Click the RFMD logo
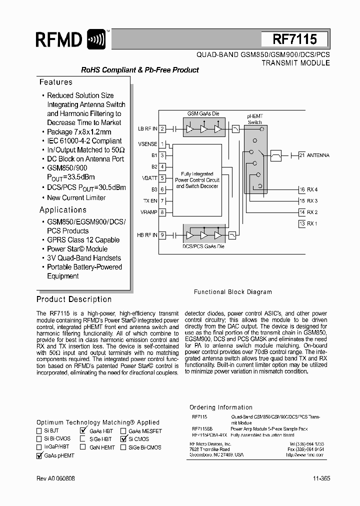click(x=70, y=39)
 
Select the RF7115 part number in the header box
click(x=294, y=39)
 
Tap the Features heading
click(x=56, y=82)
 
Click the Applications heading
click(x=63, y=210)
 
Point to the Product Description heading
click(x=74, y=299)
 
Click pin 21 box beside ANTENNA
click(x=301, y=155)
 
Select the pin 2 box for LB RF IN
click(x=162, y=128)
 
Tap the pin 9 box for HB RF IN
click(x=162, y=235)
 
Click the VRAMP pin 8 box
click(x=162, y=212)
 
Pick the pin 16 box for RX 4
click(x=301, y=189)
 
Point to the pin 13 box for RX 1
click(x=301, y=223)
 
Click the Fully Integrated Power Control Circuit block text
click(x=197, y=180)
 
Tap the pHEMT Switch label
click(x=255, y=119)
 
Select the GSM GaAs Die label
click(x=203, y=113)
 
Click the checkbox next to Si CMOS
click(x=123, y=439)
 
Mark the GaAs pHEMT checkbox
click(x=39, y=455)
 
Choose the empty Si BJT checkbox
click(x=39, y=430)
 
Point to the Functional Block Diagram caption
click(x=232, y=292)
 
